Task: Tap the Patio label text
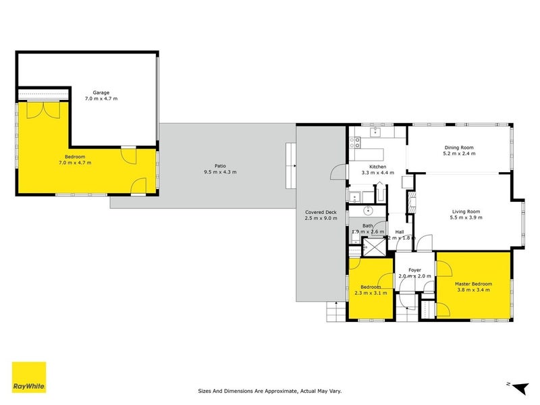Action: [220, 165]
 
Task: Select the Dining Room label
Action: [459, 147]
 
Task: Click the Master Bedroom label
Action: [473, 283]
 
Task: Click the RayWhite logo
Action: [29, 377]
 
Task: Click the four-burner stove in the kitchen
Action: [355, 143]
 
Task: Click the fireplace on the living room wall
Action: [409, 201]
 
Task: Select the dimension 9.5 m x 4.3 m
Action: [220, 172]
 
